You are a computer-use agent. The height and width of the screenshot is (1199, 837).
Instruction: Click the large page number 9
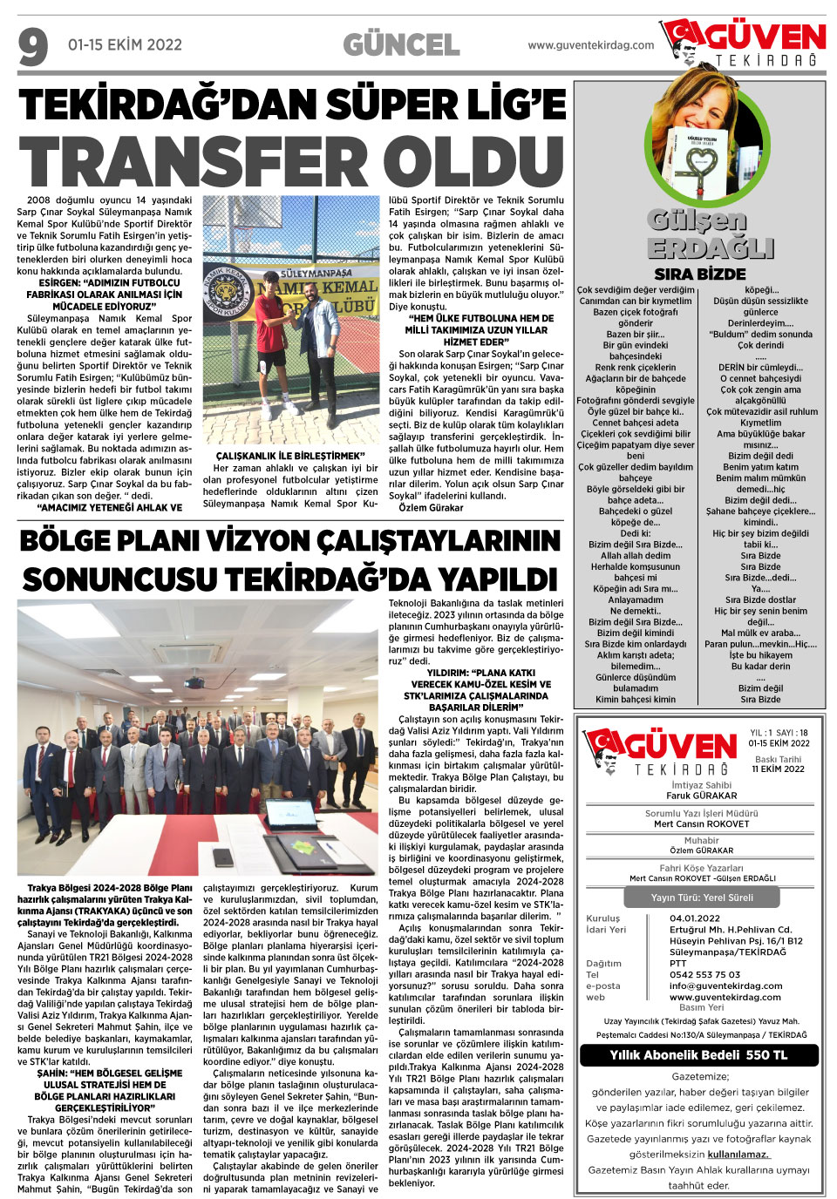(33, 47)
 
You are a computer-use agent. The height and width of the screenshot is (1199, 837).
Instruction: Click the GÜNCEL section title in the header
(401, 45)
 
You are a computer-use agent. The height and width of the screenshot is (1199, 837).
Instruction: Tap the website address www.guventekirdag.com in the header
(590, 45)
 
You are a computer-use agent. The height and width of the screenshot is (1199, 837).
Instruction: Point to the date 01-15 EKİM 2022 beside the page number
(125, 45)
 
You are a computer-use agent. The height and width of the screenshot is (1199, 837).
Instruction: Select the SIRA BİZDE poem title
(699, 274)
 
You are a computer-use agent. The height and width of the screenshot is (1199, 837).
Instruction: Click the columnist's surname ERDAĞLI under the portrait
(711, 248)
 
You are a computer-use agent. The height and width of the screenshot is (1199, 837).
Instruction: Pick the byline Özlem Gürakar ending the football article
(431, 507)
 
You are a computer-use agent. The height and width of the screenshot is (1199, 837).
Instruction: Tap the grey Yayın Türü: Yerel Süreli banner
(702, 898)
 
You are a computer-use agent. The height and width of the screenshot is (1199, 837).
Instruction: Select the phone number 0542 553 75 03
(704, 974)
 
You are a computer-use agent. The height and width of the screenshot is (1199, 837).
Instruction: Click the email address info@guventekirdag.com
(725, 986)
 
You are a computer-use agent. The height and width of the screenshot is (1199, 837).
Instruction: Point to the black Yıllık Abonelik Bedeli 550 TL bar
(698, 1054)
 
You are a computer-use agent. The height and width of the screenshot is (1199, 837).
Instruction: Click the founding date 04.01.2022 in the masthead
(695, 918)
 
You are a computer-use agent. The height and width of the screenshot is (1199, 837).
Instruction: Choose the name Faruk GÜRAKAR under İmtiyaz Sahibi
(701, 796)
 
